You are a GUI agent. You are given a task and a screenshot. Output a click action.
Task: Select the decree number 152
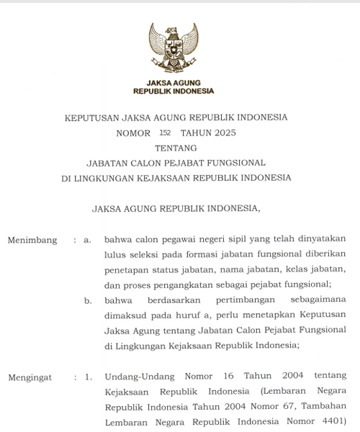pos(165,133)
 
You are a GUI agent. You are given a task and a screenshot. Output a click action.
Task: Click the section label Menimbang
pos(32,240)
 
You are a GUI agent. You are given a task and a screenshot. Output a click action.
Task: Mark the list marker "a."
pos(87,240)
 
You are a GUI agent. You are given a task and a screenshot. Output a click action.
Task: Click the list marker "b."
pos(87,300)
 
